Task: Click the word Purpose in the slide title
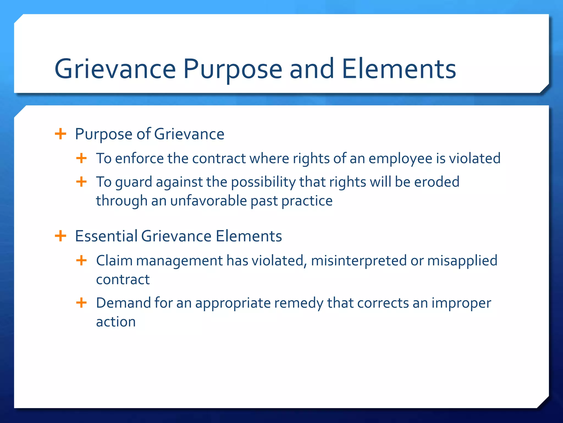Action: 233,69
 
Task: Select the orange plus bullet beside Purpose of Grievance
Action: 60,134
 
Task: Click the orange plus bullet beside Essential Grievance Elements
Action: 60,236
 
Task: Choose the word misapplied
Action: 462,261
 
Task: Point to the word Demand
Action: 123,303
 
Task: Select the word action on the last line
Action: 116,322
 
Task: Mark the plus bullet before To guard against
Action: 81,182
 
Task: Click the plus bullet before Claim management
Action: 81,260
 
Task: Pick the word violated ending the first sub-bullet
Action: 475,158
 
